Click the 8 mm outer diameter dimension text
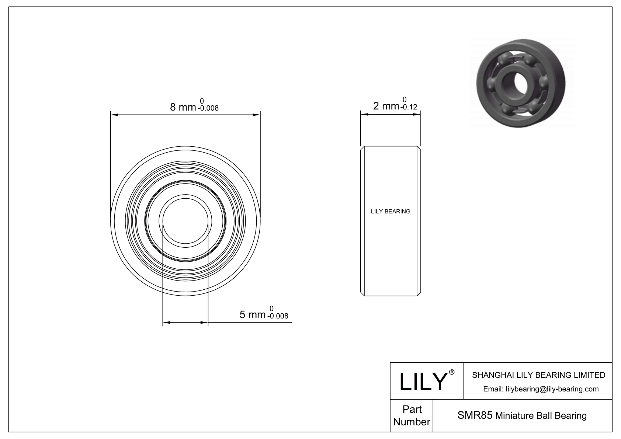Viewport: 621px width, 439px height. pos(183,107)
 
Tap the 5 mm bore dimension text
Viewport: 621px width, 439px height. pos(253,315)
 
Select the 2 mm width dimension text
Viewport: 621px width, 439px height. pos(386,106)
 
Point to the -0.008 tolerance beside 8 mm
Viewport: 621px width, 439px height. pos(208,108)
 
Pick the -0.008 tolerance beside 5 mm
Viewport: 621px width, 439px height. pos(278,316)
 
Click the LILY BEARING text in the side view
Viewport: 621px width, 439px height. pos(390,212)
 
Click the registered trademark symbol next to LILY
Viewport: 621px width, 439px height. pos(452,372)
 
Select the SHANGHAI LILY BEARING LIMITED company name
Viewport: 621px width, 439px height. pos(538,375)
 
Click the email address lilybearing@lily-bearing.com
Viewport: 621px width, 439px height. pos(541,389)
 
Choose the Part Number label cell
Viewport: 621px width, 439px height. pos(411,415)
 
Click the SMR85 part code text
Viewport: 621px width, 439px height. pos(474,415)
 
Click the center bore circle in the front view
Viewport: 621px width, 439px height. pos(185,221)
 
